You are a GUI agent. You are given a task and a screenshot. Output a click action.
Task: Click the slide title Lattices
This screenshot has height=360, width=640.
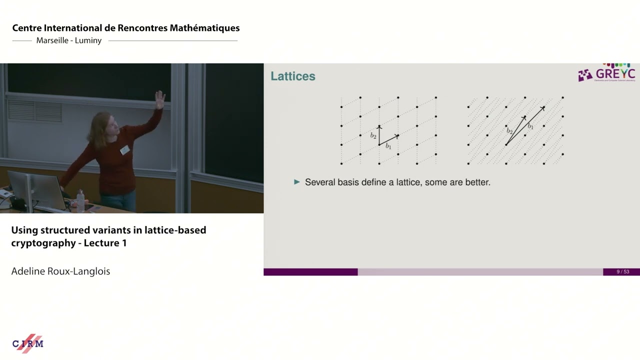293,76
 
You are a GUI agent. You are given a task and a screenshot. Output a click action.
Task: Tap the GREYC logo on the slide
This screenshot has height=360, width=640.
606,73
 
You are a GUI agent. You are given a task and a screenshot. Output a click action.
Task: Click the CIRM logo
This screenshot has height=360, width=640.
28,343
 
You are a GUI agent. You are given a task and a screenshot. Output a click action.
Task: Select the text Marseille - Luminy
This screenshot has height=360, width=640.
69,40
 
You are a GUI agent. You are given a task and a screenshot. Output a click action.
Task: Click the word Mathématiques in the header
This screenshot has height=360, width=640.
204,28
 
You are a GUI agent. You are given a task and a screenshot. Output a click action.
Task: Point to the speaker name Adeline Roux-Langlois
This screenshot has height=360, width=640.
60,271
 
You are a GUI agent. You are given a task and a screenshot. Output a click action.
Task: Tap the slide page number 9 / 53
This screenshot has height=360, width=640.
622,272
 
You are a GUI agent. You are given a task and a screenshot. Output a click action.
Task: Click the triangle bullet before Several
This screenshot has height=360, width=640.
297,182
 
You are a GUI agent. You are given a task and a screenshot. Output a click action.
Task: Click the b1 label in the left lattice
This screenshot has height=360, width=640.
388,146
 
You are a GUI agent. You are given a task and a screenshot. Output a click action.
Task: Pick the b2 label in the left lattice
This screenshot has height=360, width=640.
373,135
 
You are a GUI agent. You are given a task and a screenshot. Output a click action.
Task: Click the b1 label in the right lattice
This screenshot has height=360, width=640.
530,127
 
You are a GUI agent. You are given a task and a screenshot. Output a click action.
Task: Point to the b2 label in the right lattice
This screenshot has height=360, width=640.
509,131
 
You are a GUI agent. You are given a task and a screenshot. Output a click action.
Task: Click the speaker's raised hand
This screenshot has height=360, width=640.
160,98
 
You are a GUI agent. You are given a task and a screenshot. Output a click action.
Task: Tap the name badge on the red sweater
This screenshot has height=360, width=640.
124,149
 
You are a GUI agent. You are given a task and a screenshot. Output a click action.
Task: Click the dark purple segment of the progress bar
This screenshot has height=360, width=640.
310,272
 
